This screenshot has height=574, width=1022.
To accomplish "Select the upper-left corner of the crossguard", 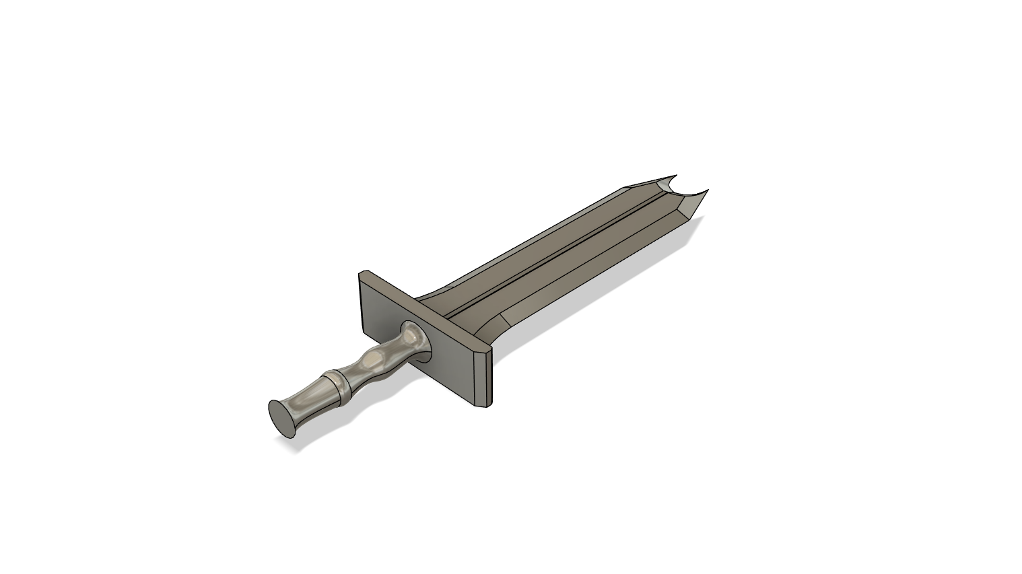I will (364, 274).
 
